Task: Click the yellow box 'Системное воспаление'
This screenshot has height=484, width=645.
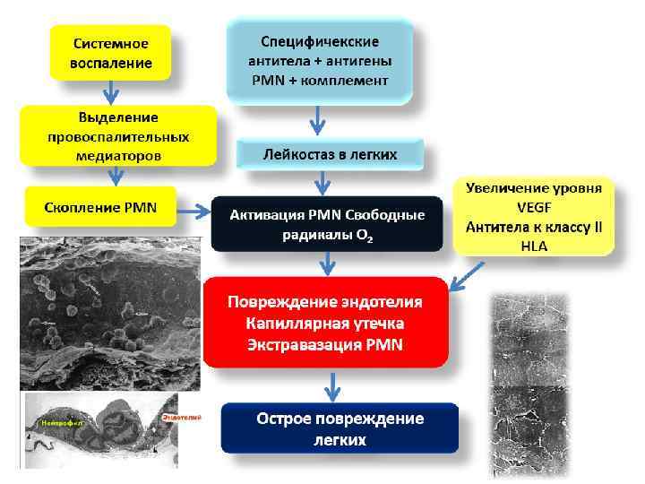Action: [x=111, y=54]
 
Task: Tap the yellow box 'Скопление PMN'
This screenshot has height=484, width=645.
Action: [x=100, y=208]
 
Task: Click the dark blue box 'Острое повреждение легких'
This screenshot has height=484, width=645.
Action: [x=340, y=429]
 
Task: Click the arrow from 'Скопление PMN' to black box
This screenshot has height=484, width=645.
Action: [x=192, y=212]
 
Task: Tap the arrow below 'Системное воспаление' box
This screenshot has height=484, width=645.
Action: [x=110, y=91]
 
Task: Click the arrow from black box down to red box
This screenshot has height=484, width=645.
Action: [x=328, y=263]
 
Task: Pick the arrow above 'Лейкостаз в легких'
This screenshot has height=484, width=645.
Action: [x=318, y=119]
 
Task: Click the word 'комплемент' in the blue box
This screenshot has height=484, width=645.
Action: [x=350, y=80]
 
